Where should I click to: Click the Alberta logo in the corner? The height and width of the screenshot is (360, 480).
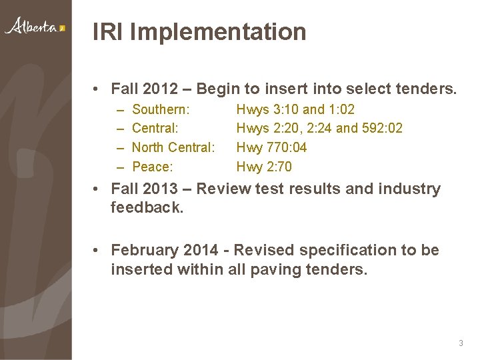[35, 27]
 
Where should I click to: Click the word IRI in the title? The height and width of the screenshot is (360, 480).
[107, 31]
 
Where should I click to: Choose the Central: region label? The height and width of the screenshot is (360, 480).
[157, 128]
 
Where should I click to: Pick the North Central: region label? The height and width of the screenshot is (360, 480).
[174, 147]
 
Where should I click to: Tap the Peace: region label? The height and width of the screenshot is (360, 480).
[153, 167]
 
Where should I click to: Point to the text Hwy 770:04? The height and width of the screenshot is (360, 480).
[272, 147]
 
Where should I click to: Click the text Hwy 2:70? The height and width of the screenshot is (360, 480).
[265, 167]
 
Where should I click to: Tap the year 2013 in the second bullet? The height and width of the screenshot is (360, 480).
[156, 189]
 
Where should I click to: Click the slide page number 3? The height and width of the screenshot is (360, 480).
[461, 343]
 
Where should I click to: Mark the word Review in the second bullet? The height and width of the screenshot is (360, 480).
[225, 189]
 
